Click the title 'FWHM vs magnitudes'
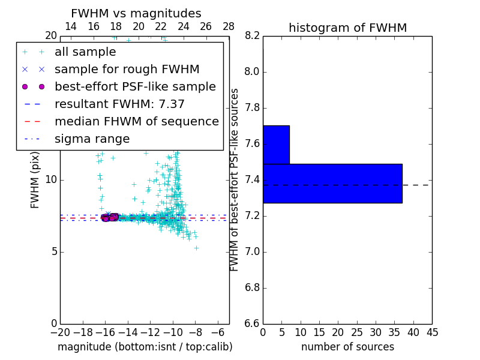[x=136, y=13]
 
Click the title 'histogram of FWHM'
[x=347, y=28]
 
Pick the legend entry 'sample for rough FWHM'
[x=127, y=70]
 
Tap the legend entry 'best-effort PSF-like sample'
[x=135, y=87]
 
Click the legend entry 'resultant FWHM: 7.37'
[x=119, y=104]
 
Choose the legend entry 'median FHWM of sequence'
[x=136, y=122]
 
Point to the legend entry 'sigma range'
[x=92, y=139]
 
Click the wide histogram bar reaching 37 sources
[x=332, y=184]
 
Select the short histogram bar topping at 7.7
[x=276, y=145]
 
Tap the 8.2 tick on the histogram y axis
[x=253, y=36]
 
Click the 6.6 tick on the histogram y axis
[x=253, y=323]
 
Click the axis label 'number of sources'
[x=347, y=347]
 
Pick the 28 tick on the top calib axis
[x=229, y=26]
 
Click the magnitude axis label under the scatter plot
[x=145, y=347]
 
